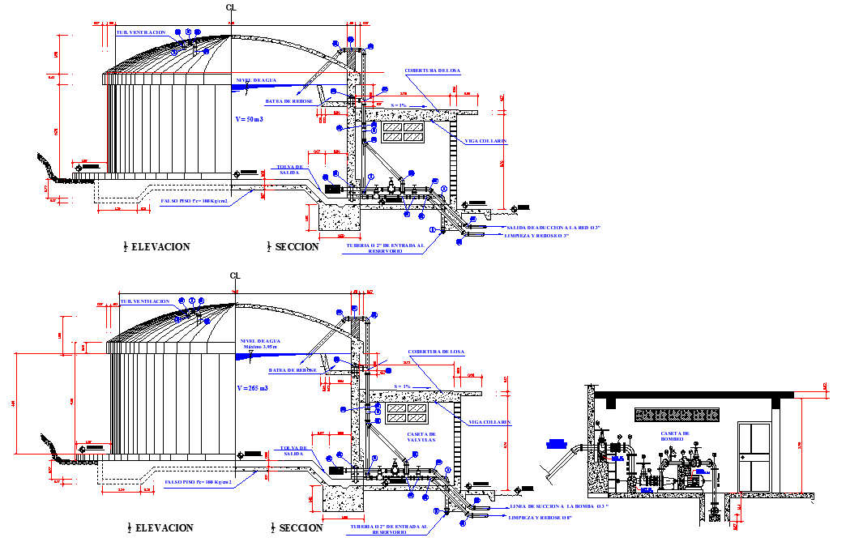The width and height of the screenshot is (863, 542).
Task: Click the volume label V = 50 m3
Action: (x=250, y=119)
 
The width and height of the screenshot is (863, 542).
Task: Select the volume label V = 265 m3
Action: (x=251, y=390)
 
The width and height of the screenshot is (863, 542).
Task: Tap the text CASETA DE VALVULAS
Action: (x=421, y=437)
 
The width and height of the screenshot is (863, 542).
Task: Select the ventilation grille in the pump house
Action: (x=677, y=415)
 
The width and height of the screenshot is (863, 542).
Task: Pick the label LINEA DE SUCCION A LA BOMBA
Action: (x=559, y=506)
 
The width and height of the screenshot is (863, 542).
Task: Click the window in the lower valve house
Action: (x=406, y=413)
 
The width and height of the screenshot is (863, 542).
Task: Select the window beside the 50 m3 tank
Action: (x=403, y=131)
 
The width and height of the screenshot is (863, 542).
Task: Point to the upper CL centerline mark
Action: (x=232, y=7)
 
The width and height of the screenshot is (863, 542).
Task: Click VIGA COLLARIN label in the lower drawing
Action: (x=489, y=422)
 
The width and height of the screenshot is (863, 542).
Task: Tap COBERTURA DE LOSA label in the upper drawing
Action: (x=433, y=71)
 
